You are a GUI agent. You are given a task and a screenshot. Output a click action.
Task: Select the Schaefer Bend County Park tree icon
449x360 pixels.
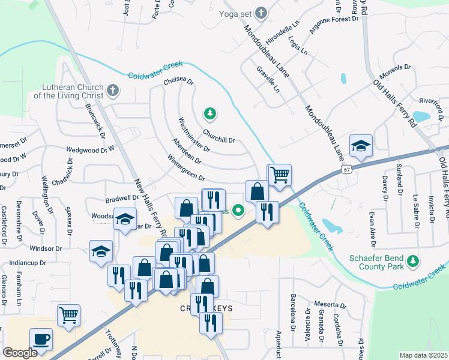(412, 261)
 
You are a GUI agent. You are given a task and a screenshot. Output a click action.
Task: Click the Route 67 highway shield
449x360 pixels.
(347, 170)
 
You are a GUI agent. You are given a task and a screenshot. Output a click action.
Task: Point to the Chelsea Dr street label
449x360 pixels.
(178, 80)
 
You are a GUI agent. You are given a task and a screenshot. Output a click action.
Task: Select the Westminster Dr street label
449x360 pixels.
(194, 134)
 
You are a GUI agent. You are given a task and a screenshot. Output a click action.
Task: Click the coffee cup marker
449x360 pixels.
(41, 339)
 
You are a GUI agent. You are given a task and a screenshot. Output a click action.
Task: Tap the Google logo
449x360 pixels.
(20, 353)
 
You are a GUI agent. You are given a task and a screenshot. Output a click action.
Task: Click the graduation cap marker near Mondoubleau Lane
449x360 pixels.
(361, 146)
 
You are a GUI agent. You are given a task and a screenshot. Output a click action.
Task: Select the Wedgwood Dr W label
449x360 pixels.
(90, 150)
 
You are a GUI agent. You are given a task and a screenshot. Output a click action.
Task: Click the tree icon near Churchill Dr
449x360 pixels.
(209, 113)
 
